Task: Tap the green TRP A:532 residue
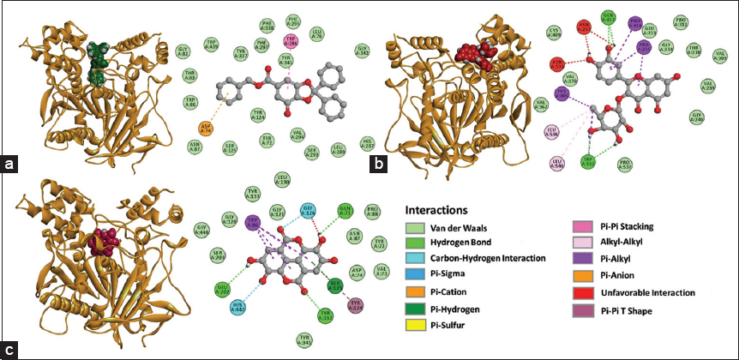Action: point(588,160)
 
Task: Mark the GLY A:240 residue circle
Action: point(698,116)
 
